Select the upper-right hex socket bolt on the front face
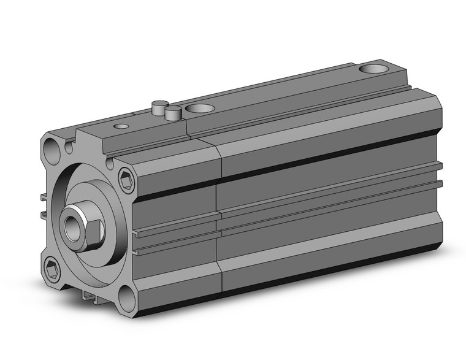pos(126,180)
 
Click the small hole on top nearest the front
pos(122,126)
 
